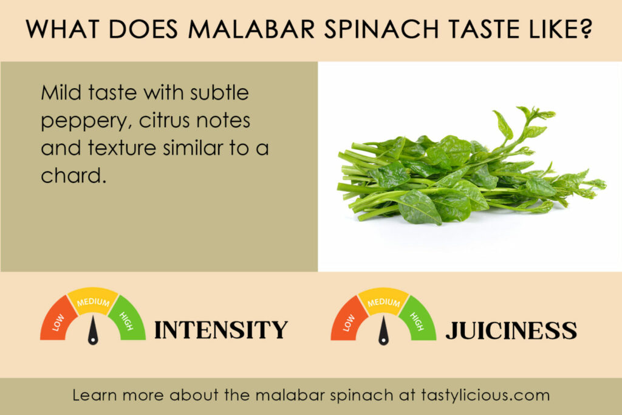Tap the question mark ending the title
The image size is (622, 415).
pos(586,30)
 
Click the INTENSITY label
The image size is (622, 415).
pos(220,330)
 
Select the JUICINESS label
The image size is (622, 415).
pos(511,330)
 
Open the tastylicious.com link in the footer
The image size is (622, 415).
pos(486,395)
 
